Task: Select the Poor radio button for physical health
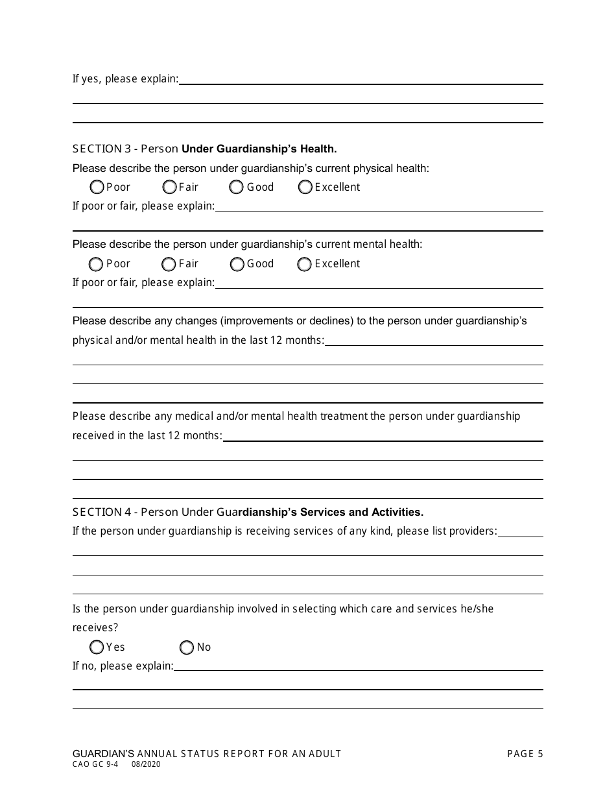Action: (97, 187)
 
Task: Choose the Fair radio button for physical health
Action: (170, 187)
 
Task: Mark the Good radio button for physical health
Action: (237, 187)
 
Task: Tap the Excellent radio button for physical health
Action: (305, 187)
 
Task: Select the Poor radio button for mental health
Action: (96, 264)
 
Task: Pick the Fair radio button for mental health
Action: (169, 264)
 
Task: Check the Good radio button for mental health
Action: (237, 264)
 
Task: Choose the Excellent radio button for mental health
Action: (305, 264)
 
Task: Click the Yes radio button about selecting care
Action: (97, 647)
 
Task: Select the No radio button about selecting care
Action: (187, 647)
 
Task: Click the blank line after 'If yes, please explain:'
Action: (361, 80)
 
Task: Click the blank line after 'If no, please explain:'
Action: (358, 666)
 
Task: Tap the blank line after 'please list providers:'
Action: (521, 532)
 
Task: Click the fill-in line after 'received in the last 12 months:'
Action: (383, 437)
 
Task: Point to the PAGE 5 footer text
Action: (525, 754)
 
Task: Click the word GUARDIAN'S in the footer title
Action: (104, 754)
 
